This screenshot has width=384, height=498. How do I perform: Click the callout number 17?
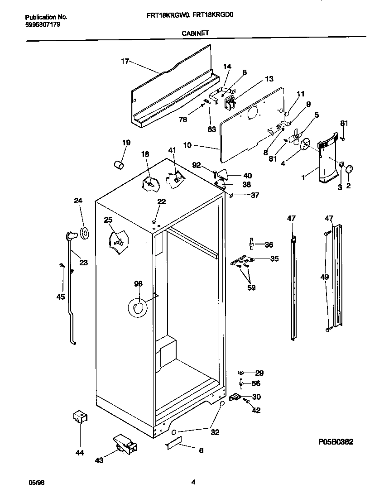[x=125, y=61]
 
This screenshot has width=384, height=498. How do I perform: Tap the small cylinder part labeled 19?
[x=118, y=164]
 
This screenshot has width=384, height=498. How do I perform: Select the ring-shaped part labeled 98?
[x=137, y=308]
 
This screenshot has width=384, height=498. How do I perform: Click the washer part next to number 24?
[x=84, y=233]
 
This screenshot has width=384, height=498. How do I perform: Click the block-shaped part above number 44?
[x=80, y=417]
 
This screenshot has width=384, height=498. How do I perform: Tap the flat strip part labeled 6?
[x=173, y=443]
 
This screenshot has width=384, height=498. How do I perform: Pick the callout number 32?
[x=215, y=432]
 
